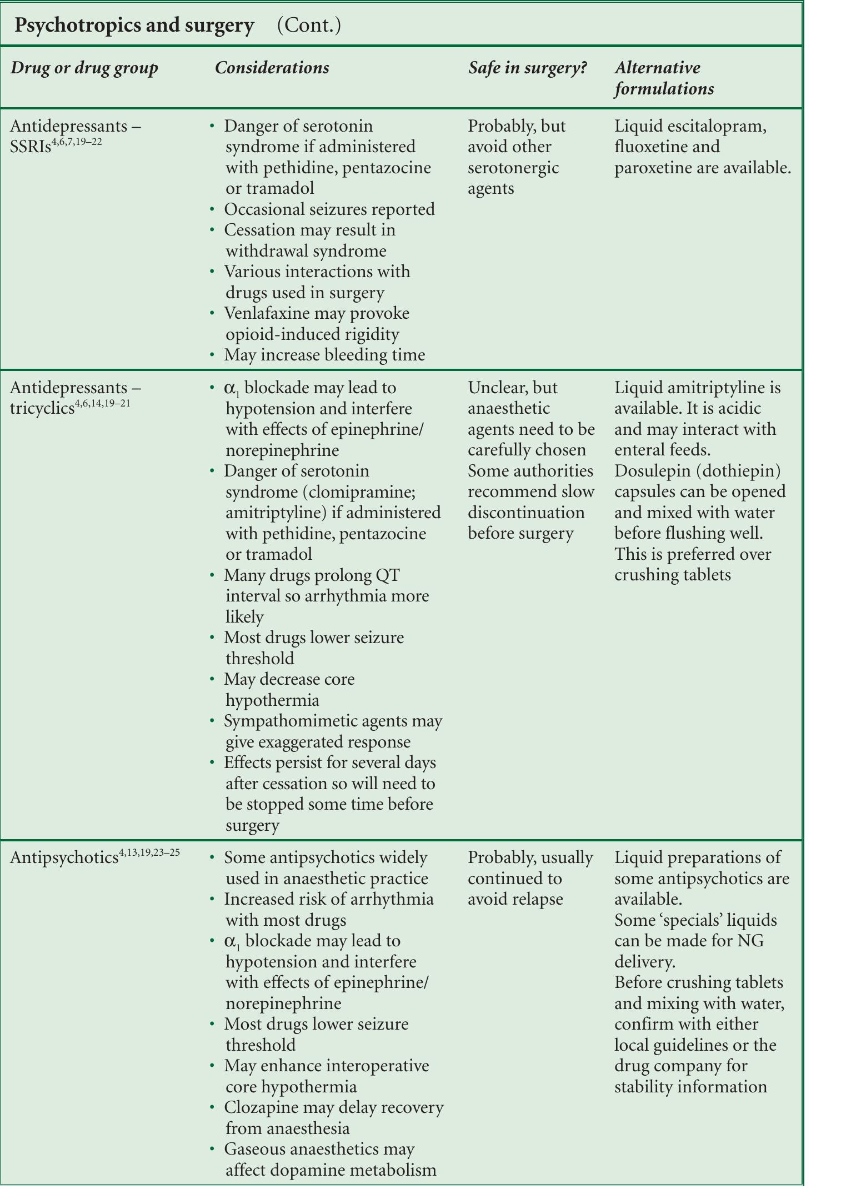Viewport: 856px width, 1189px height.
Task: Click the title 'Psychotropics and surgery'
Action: pyautogui.click(x=134, y=26)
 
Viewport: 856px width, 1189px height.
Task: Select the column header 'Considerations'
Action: pyautogui.click(x=272, y=68)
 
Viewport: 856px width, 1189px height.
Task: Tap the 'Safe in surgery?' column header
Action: pyautogui.click(x=527, y=68)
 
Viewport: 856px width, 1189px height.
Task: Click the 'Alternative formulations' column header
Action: pyautogui.click(x=664, y=78)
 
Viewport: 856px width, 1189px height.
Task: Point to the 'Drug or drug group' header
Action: pyautogui.click(x=84, y=68)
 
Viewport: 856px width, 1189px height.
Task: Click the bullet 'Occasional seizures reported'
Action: pyautogui.click(x=329, y=209)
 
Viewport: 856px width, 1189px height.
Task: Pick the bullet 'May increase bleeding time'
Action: pyautogui.click(x=324, y=355)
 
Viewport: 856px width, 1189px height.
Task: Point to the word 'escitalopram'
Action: pyautogui.click(x=715, y=126)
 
